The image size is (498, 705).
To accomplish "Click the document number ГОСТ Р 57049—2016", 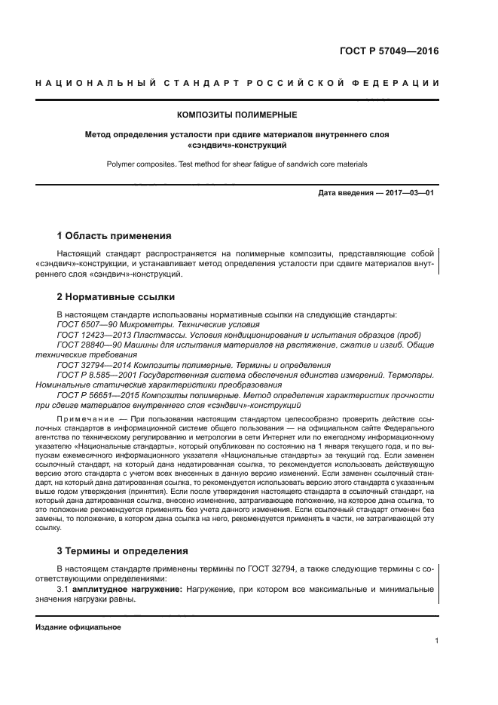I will tap(390, 52).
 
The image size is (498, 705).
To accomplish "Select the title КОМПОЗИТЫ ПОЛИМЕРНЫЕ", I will tap(237, 115).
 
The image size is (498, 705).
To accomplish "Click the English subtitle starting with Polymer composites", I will tap(237, 163).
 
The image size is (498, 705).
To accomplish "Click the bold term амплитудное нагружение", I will tap(127, 588).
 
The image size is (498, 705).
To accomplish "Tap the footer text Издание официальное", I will tap(78, 627).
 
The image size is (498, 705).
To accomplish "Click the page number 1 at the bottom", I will tap(436, 641).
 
